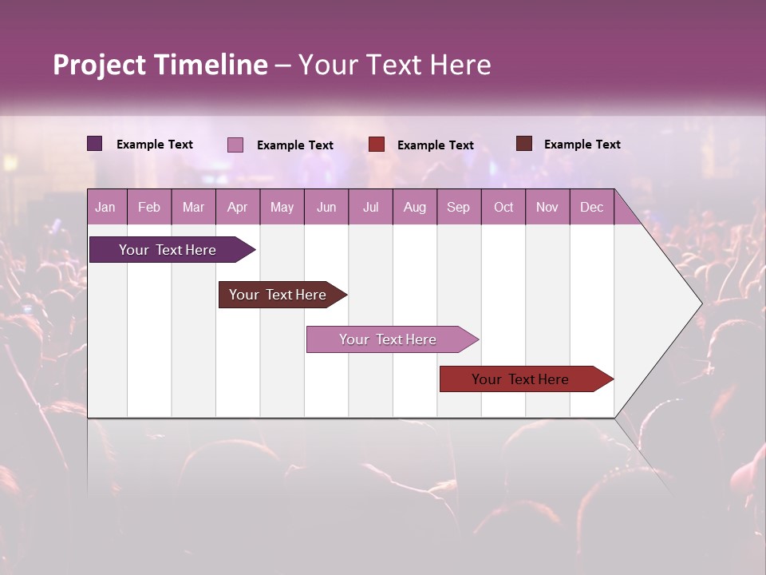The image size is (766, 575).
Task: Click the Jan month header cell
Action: click(x=106, y=207)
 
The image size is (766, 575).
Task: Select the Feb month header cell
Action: click(x=149, y=207)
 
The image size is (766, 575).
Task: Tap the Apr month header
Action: click(x=238, y=207)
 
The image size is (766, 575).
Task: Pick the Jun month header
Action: click(x=326, y=207)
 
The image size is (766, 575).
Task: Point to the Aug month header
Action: click(x=415, y=207)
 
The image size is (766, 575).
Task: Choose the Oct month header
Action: click(x=503, y=207)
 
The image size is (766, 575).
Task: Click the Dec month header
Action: click(x=591, y=207)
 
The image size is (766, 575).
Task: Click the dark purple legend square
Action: click(x=94, y=144)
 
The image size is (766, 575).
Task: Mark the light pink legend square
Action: click(x=235, y=145)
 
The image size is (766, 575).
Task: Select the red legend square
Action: click(x=377, y=145)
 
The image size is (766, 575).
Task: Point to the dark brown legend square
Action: click(x=523, y=144)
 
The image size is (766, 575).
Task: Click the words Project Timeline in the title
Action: click(x=160, y=65)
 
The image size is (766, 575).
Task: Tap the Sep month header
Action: click(x=459, y=207)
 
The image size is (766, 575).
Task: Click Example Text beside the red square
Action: click(x=435, y=145)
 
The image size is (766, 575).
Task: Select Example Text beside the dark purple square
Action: click(x=155, y=145)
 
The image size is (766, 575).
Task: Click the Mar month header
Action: click(x=193, y=207)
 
